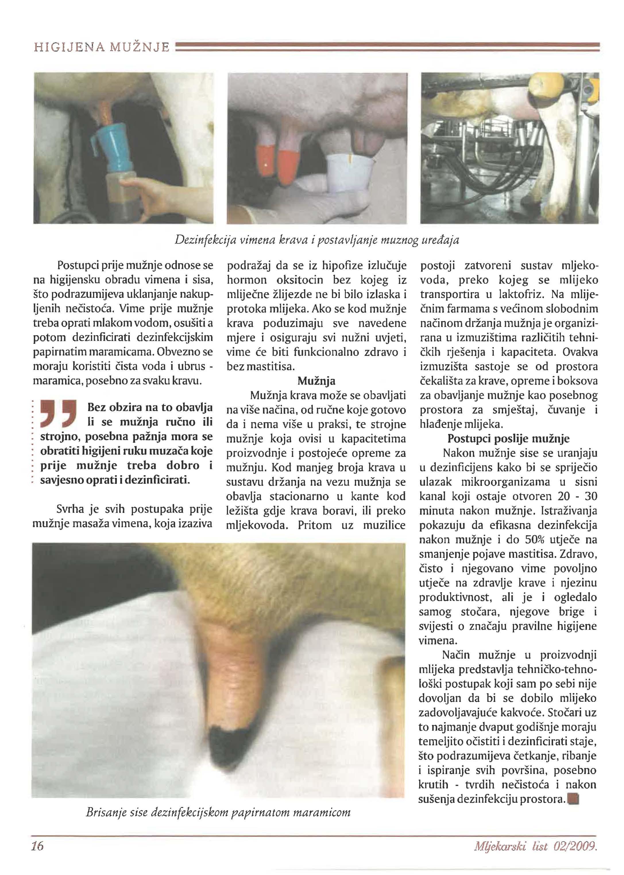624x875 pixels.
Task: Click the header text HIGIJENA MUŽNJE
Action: (x=102, y=47)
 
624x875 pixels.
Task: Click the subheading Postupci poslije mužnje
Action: (x=508, y=439)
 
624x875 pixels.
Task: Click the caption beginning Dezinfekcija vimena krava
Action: (x=317, y=240)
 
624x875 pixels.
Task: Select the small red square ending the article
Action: (x=575, y=799)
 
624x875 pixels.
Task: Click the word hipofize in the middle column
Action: (x=343, y=266)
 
